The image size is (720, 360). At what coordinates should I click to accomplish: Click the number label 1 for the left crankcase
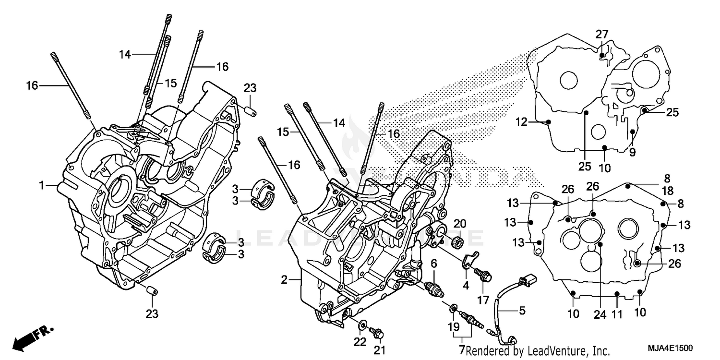point(42,184)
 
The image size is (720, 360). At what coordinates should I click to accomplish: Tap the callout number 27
point(602,34)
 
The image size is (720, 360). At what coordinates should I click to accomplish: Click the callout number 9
point(632,152)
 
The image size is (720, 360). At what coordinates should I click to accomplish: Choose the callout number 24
point(597,315)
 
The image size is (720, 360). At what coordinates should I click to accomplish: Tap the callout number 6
point(433,263)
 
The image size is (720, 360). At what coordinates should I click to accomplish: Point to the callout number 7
point(462,350)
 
